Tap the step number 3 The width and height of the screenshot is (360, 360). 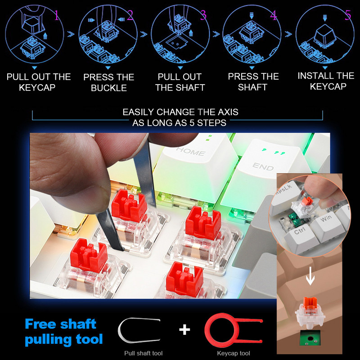click(x=203, y=16)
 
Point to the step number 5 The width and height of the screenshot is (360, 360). click(x=347, y=16)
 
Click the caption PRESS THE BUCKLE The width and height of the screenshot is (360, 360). click(x=109, y=82)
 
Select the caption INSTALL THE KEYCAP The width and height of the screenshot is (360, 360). click(x=326, y=81)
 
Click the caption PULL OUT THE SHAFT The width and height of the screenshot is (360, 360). click(x=180, y=82)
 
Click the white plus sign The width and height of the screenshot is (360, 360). click(x=184, y=330)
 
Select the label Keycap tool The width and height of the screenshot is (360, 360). click(x=233, y=353)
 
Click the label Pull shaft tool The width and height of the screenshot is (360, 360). click(x=143, y=353)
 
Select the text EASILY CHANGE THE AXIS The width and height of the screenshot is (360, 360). click(x=180, y=112)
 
